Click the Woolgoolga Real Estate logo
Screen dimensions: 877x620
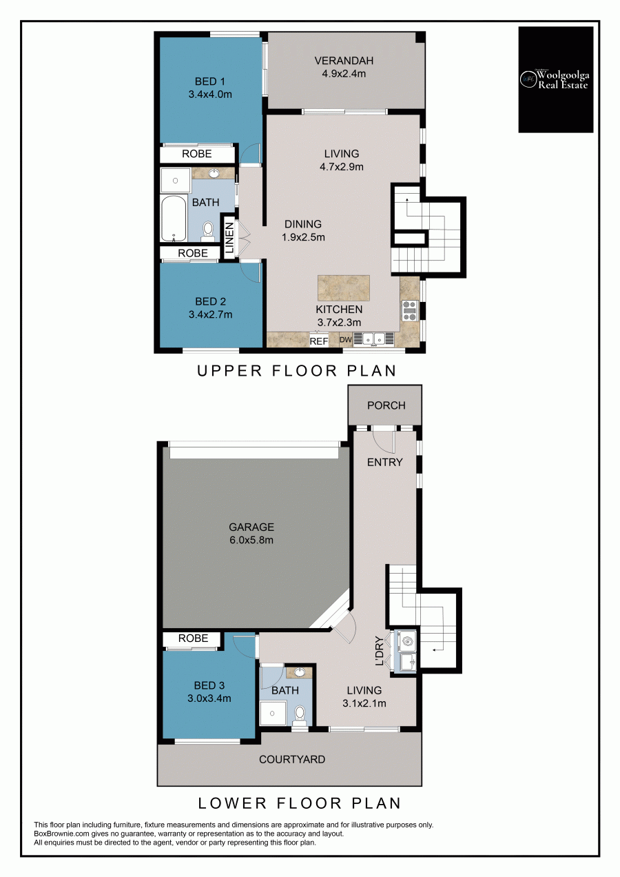pos(555,79)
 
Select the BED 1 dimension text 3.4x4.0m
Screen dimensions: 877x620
pos(210,94)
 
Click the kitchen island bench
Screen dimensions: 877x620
pos(344,288)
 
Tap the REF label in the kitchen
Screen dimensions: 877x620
pos(318,341)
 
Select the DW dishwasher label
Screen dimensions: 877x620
pos(346,340)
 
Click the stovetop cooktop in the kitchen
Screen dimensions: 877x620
pos(410,311)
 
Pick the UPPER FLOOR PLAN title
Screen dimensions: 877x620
pos(297,371)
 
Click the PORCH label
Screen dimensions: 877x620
pos(386,405)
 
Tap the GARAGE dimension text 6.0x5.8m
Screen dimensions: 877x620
pos(251,540)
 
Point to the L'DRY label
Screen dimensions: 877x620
pos(379,650)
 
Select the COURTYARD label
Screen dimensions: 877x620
pos(292,760)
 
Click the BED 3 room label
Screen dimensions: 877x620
pos(209,685)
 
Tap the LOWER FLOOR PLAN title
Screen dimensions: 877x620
pos(299,803)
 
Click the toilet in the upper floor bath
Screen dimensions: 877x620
pos(207,230)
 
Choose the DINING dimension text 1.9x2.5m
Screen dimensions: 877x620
pos(303,237)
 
